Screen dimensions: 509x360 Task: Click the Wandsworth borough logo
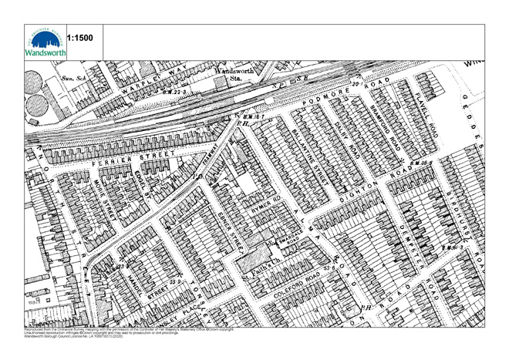tap(46, 43)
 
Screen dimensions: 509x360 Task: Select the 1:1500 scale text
tap(81, 38)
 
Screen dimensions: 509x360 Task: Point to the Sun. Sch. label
tap(72, 79)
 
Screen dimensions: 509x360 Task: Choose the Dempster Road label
tap(409, 238)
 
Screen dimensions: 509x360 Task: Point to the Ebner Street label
tap(232, 232)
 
